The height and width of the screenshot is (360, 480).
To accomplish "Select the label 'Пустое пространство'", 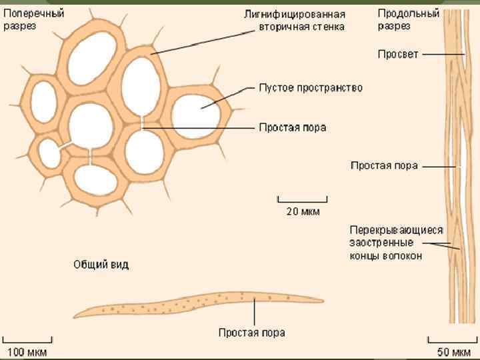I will pyautogui.click(x=311, y=88).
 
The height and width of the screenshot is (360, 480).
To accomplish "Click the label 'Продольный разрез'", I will pyautogui.click(x=399, y=19).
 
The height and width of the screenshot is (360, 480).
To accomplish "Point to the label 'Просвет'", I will pyautogui.click(x=398, y=54).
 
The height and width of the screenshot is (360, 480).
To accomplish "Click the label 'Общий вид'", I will pyautogui.click(x=101, y=265).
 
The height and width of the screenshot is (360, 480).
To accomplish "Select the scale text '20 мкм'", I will pyautogui.click(x=303, y=213).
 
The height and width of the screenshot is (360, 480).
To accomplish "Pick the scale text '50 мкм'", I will pyautogui.click(x=453, y=351).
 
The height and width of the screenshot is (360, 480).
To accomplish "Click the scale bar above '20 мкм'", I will pyautogui.click(x=303, y=199).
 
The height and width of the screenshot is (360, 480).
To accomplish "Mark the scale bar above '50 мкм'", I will pyautogui.click(x=453, y=337).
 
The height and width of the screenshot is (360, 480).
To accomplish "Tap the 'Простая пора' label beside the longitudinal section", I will pyautogui.click(x=384, y=165).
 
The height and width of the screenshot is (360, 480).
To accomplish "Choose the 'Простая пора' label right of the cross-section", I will pyautogui.click(x=293, y=127).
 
